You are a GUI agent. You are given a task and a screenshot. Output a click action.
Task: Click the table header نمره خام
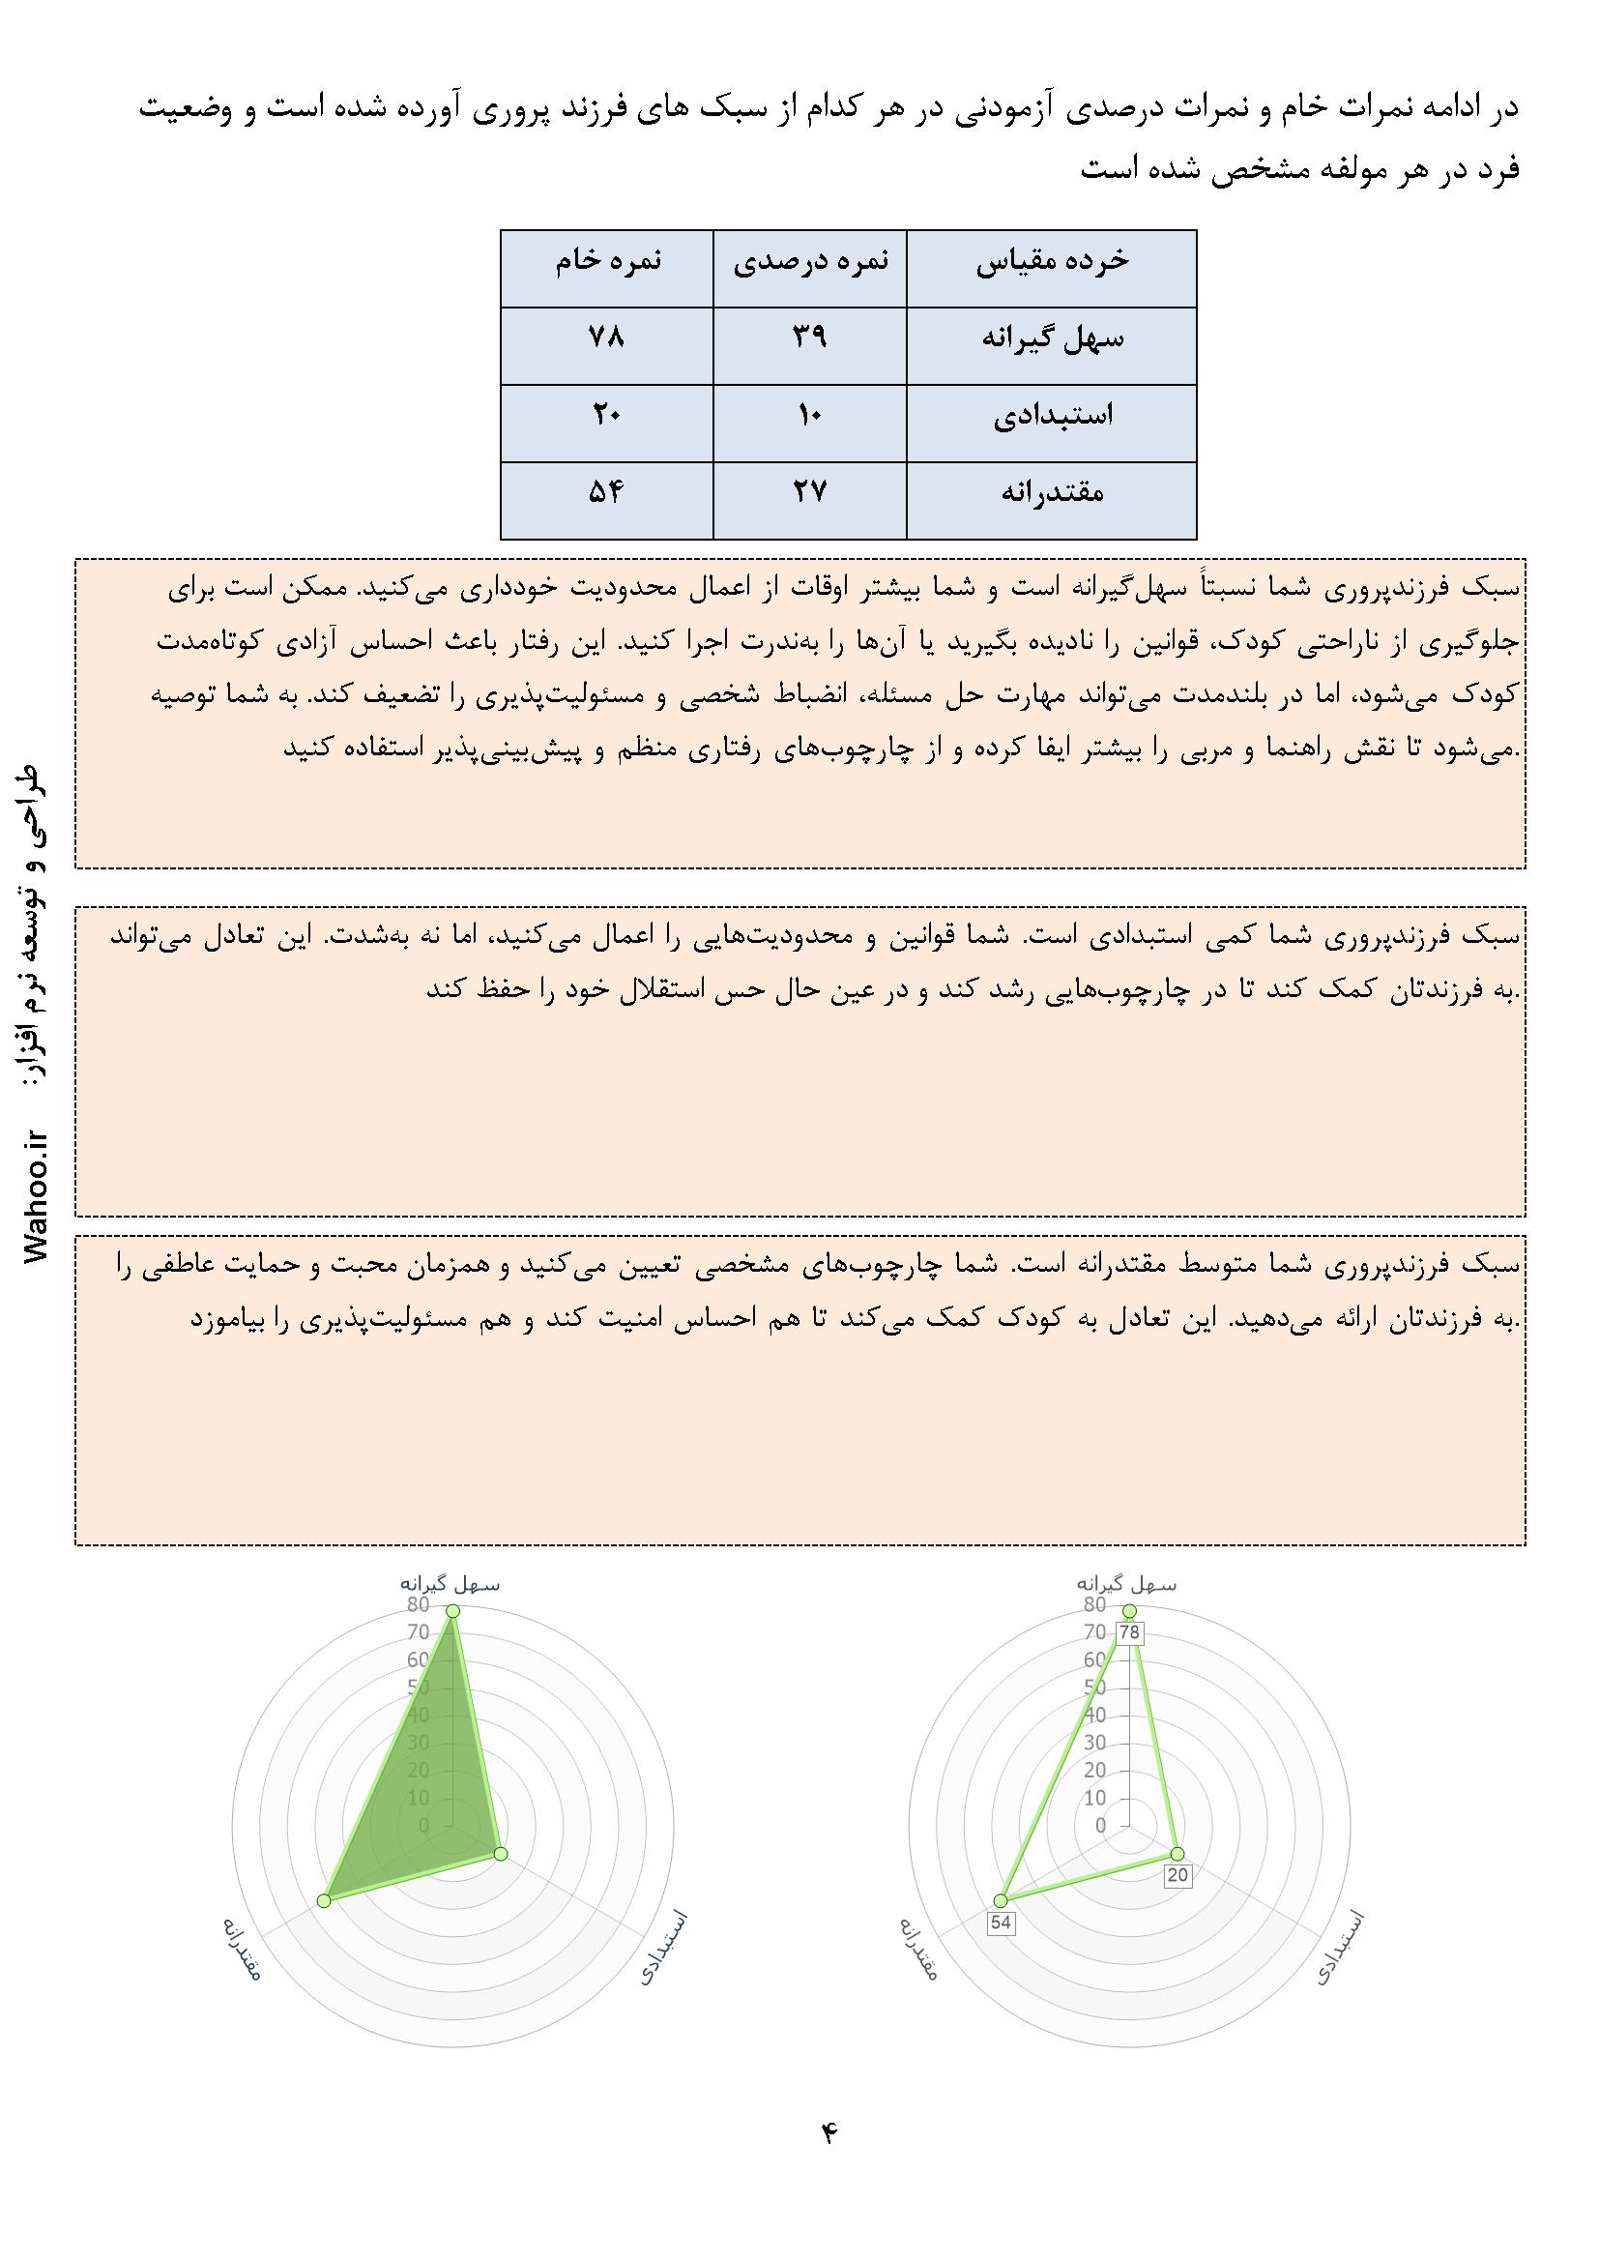[x=606, y=261]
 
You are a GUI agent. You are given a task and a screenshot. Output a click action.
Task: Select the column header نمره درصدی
[x=809, y=261]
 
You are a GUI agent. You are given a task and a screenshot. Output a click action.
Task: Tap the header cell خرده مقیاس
[x=1053, y=261]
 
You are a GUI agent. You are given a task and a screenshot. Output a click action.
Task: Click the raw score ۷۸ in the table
[x=606, y=338]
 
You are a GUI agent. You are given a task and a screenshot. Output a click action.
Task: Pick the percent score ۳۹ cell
[x=809, y=338]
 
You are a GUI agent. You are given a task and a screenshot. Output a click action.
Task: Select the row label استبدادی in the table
[x=1053, y=415]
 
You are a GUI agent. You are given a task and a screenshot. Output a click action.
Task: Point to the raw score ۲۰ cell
[x=606, y=415]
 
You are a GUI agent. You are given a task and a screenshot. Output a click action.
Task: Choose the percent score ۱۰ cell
[x=809, y=415]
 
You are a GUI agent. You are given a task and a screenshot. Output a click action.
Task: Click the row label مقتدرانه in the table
[x=1053, y=491]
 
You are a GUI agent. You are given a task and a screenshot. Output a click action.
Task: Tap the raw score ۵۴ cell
[x=606, y=491]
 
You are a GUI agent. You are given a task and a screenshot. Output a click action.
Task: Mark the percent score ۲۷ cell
[x=809, y=491]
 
